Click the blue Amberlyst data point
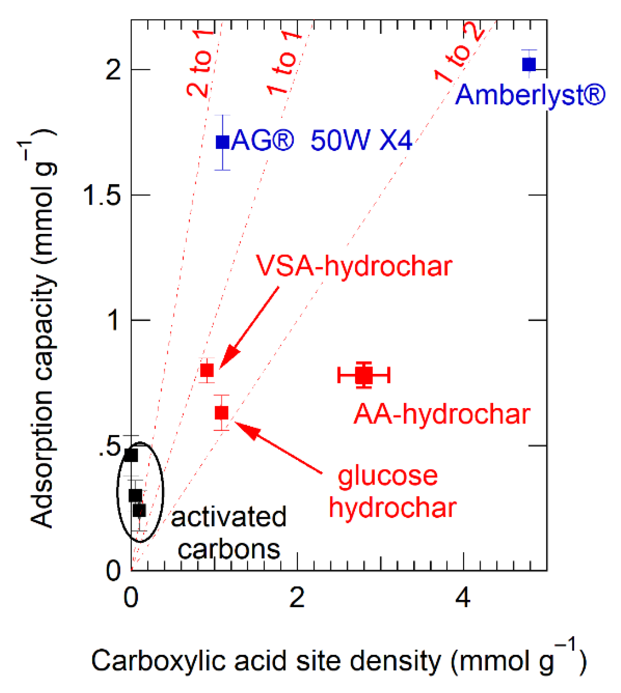click(529, 64)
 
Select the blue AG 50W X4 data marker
click(223, 142)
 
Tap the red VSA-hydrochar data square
click(207, 370)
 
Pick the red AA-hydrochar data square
click(364, 375)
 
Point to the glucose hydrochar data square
click(221, 412)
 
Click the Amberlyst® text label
click(530, 95)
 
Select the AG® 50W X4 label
click(322, 141)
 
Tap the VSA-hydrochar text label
click(354, 265)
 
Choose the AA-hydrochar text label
click(442, 414)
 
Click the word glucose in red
click(388, 476)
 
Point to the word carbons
click(229, 549)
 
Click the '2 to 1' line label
click(200, 63)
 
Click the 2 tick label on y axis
click(113, 70)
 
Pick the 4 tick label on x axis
click(463, 598)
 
